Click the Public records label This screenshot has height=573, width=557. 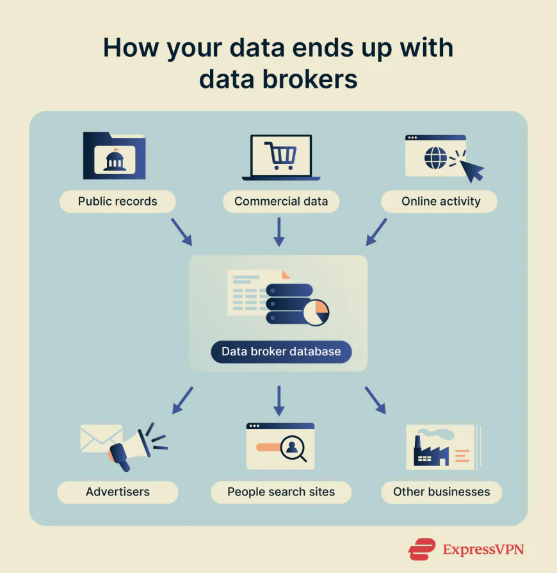click(x=117, y=202)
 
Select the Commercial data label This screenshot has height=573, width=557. click(x=280, y=202)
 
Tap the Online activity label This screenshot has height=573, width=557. click(x=440, y=202)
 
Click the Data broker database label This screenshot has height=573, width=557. click(x=281, y=351)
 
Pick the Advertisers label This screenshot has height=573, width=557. click(x=117, y=492)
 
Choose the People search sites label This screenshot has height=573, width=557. click(x=280, y=492)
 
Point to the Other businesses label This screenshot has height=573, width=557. click(x=441, y=492)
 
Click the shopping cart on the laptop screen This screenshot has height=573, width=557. click(x=281, y=156)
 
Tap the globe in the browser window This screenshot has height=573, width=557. click(x=436, y=159)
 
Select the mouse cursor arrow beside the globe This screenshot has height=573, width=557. click(x=472, y=170)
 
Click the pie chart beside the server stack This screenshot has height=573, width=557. click(x=316, y=311)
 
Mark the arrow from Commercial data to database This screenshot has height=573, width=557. click(x=278, y=231)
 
